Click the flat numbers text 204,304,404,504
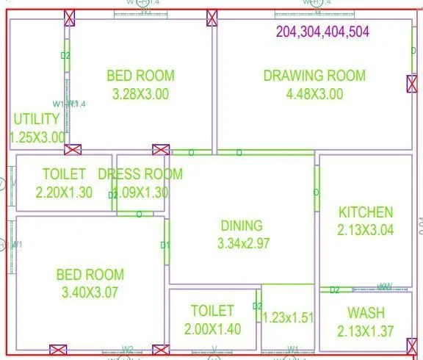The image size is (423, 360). pos(322,32)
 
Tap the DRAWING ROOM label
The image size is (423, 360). pos(314,75)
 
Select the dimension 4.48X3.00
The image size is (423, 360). pos(314,93)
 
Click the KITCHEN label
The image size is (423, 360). pos(365,212)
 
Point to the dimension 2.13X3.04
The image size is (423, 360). pos(365,230)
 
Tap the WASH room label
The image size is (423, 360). pos(366,313)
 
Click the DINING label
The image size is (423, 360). pos(242,226)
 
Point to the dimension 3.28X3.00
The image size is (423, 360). pos(140,93)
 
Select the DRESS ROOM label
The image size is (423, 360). pos(140,174)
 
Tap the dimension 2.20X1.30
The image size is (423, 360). pos(64,192)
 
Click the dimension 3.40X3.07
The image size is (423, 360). pos(90,292)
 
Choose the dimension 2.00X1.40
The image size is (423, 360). pos(211,329)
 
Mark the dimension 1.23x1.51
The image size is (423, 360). pos(289,317)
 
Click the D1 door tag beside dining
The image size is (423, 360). pos(165,245)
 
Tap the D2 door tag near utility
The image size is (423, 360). pos(65,55)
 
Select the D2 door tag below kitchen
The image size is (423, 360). pos(334,290)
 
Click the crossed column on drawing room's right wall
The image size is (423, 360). pos(412,84)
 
